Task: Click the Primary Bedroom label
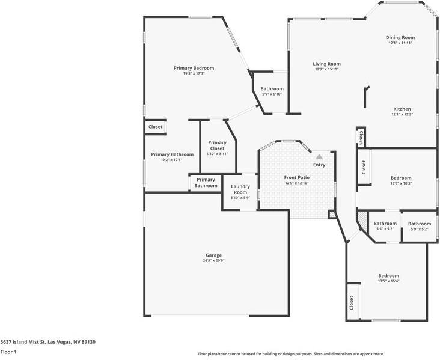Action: coord(194,68)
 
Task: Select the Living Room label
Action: coord(327,64)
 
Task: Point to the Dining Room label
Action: coord(400,38)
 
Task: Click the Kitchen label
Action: coord(402,109)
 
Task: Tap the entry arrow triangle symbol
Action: coord(319,156)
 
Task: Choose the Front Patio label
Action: coord(296,177)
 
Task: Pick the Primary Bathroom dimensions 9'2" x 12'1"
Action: coord(172,160)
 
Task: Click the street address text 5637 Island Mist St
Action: coord(48,341)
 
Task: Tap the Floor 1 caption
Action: coord(8,352)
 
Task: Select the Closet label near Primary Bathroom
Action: coord(155,127)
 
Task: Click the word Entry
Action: coord(319,165)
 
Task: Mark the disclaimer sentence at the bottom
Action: coord(290,354)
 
